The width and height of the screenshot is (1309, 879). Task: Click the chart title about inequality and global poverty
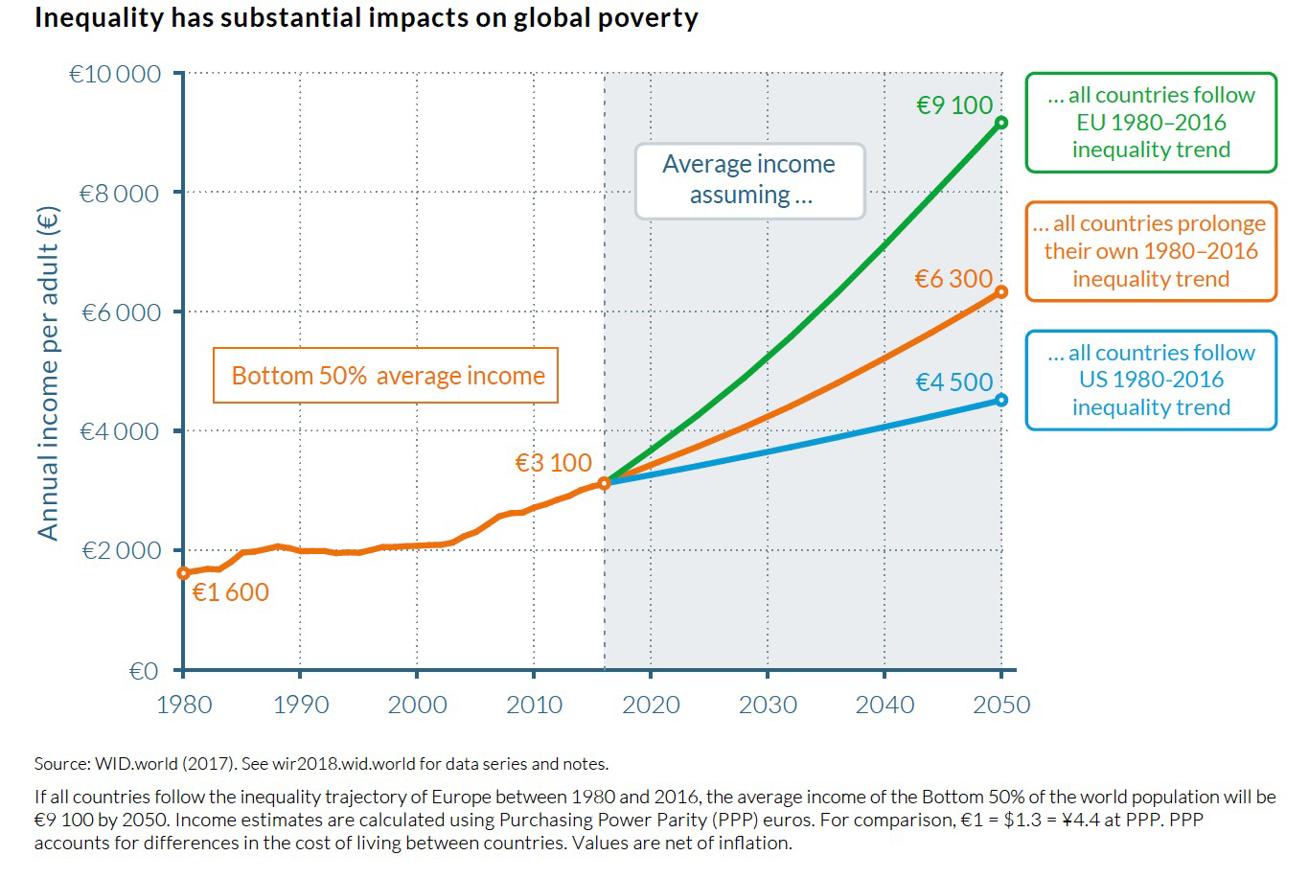coord(366,18)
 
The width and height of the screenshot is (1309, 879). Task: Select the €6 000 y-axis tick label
coord(120,312)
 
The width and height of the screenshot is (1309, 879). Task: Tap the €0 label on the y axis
coord(144,671)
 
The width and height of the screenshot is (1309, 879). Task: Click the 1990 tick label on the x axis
coord(300,706)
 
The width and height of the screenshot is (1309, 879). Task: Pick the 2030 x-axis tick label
coord(768,706)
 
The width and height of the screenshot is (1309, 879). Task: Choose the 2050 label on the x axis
coord(1001,706)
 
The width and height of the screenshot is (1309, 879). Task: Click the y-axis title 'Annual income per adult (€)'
coord(48,374)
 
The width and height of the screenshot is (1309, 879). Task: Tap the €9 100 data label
coord(954,105)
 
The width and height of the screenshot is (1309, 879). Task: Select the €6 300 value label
coord(953,279)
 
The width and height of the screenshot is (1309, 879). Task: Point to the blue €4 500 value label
coord(954,382)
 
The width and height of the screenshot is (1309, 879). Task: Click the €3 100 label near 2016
coord(554,463)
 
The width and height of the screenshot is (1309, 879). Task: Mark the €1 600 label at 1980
coord(230,592)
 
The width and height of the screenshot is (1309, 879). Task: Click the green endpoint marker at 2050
coord(1001,123)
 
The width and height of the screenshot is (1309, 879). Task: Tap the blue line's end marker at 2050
coord(1001,400)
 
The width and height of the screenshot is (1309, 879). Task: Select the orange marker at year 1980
coord(183,573)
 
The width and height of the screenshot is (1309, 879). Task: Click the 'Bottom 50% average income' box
coord(386,376)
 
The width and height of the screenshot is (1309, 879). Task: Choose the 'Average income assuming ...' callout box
coord(749,180)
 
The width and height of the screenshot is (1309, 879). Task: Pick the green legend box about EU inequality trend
coord(1151,123)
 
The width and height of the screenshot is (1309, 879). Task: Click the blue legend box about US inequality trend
coord(1151,381)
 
